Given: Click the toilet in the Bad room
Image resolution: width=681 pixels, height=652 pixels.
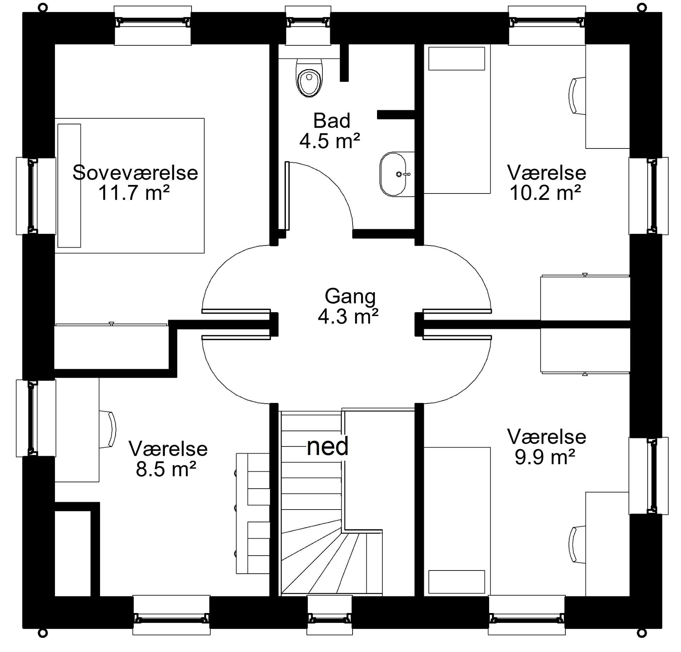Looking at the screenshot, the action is click(309, 78).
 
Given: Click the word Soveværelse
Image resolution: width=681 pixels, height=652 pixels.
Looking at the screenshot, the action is click(135, 173).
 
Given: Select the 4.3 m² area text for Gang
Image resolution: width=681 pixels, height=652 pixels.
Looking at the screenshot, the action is click(348, 316).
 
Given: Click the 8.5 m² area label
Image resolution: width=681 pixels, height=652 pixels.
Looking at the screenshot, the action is click(166, 469).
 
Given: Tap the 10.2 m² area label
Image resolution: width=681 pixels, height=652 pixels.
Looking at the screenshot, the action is click(545, 193).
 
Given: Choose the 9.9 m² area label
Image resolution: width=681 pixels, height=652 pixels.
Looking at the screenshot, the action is click(545, 457).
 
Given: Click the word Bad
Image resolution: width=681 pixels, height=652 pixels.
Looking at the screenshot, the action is click(332, 120).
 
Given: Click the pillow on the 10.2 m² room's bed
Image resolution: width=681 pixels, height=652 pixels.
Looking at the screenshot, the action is click(456, 58).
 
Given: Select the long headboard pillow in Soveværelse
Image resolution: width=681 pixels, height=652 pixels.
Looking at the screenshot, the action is click(69, 185).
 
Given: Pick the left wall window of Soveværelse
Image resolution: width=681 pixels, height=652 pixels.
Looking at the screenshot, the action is click(35, 196).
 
